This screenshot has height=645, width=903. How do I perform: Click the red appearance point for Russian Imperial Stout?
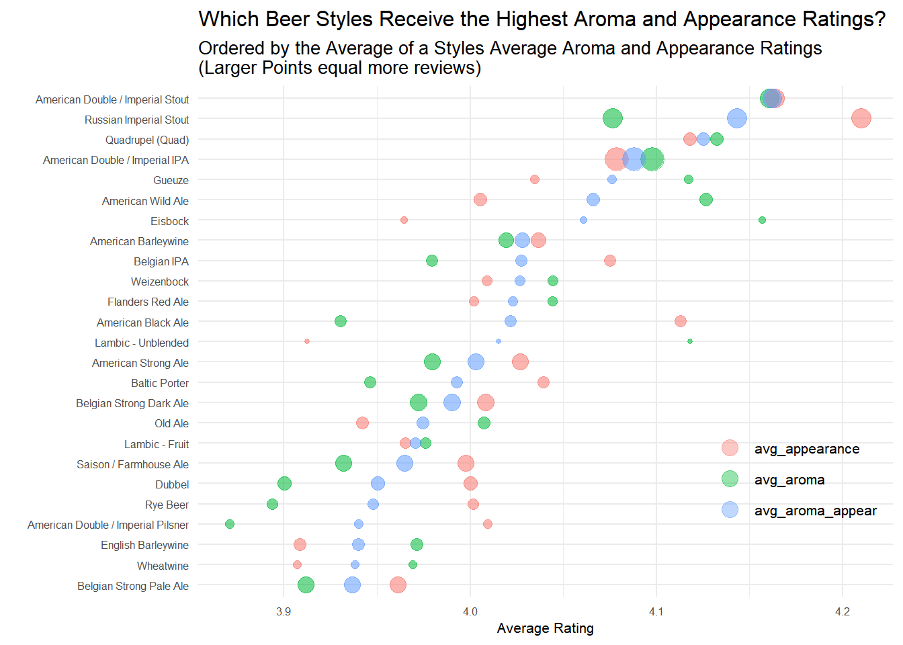tap(861, 118)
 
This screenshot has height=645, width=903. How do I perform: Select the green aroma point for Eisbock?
tap(762, 220)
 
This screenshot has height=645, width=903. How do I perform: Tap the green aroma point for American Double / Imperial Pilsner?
tap(230, 524)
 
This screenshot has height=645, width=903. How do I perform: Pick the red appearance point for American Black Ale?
tap(681, 321)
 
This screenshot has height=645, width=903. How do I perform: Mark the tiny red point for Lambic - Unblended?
tap(307, 341)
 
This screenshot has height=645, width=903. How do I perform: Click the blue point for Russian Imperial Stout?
tap(737, 118)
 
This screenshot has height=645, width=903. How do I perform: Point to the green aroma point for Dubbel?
tap(284, 484)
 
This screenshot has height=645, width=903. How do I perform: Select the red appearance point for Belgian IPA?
tap(609, 261)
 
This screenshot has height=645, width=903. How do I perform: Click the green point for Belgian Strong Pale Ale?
tap(306, 585)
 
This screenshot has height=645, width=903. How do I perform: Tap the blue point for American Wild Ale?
tap(593, 200)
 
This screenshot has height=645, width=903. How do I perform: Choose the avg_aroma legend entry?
tap(789, 480)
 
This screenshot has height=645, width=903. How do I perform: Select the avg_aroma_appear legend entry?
tap(815, 511)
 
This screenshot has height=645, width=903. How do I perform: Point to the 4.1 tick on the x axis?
tap(656, 611)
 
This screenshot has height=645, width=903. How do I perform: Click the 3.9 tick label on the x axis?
tap(284, 611)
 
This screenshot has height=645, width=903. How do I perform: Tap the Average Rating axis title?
tap(545, 628)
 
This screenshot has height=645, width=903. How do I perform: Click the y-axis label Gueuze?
tap(171, 180)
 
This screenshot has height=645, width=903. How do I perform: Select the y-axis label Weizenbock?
tap(160, 282)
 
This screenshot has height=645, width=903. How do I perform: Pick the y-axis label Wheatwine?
tap(163, 566)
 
